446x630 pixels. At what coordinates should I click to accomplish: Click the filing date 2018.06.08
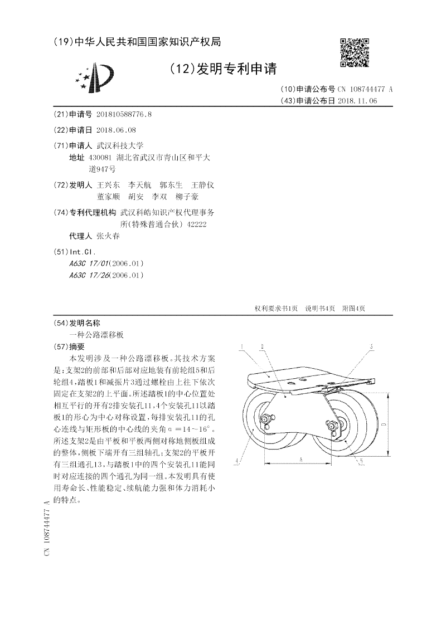(116, 130)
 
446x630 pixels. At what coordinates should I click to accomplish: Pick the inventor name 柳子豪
(186, 197)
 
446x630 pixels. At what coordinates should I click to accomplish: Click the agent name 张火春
(108, 236)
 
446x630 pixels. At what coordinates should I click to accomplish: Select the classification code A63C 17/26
(89, 275)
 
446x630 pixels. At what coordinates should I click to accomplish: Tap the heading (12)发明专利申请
(222, 69)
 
